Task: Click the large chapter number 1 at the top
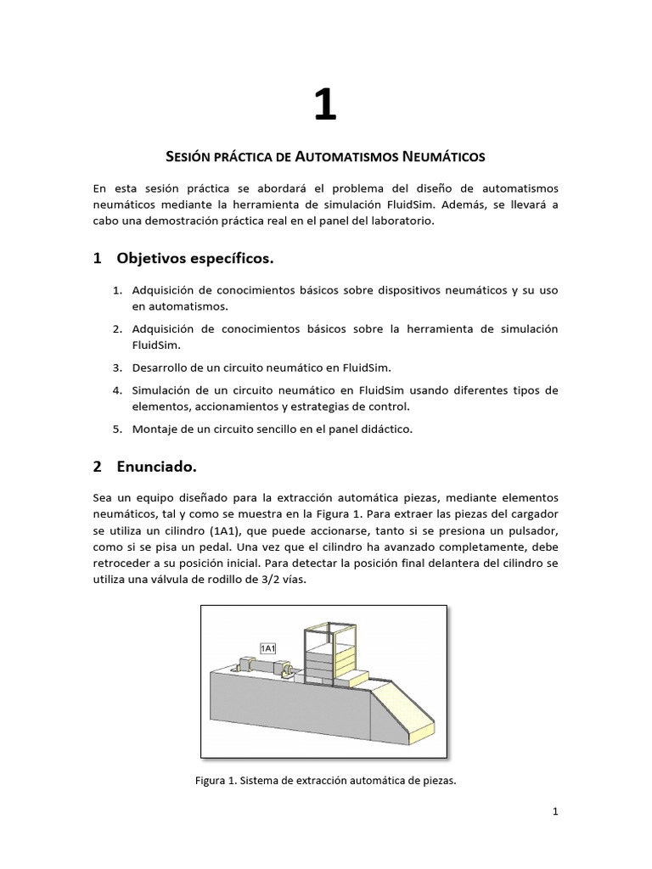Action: (x=325, y=106)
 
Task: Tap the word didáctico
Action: (x=383, y=429)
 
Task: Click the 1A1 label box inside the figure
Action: (x=267, y=649)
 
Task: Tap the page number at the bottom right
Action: (x=555, y=812)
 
